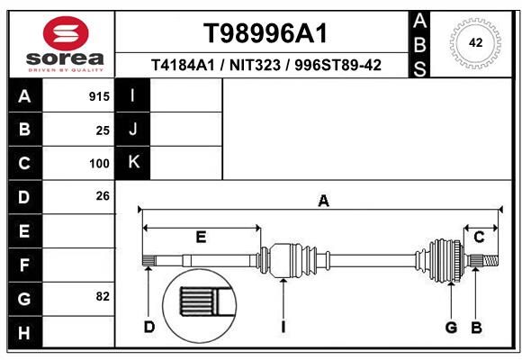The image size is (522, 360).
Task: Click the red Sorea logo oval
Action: tap(66, 33)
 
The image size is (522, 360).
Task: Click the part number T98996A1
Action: tap(265, 33)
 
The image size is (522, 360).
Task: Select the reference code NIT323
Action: tap(255, 65)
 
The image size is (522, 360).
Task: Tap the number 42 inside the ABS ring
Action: tap(475, 42)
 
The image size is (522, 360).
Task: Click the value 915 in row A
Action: tap(99, 96)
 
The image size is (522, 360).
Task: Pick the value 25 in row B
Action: tap(103, 130)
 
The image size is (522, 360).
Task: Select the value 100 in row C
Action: tap(99, 164)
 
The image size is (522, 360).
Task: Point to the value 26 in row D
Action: tap(103, 196)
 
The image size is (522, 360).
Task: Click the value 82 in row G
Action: tap(103, 296)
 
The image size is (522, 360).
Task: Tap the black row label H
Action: tap(25, 333)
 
